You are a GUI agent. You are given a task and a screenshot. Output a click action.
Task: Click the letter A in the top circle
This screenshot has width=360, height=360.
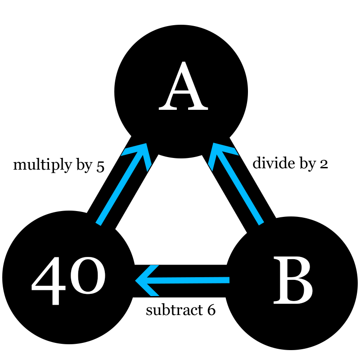tap(184, 85)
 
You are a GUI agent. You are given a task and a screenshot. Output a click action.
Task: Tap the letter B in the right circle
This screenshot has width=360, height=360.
tap(293, 280)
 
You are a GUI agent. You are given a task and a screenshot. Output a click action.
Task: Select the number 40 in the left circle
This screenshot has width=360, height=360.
tap(68, 281)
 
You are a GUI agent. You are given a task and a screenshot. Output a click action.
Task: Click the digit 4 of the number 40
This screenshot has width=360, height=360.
tap(49, 281)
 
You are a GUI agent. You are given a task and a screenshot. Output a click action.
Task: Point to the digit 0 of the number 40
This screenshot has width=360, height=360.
tap(88, 276)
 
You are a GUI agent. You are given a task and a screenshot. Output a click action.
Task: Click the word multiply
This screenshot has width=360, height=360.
tap(43, 166)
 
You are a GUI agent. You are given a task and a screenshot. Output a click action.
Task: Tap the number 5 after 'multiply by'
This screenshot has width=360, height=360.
tap(100, 167)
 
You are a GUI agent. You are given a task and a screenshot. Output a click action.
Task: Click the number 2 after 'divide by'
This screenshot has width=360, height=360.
tap(324, 165)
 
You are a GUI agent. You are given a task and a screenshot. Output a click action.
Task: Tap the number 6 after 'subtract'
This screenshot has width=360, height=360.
tap(211, 310)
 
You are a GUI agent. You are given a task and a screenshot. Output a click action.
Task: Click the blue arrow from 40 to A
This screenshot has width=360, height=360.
tap(123, 184)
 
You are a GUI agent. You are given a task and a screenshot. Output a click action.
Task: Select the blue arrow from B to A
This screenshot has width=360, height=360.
tap(236, 184)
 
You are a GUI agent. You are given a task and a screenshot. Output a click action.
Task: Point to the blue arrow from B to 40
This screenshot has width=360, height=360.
tap(182, 280)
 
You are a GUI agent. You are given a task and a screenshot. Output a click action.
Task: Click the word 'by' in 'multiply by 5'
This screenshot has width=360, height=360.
tap(84, 166)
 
